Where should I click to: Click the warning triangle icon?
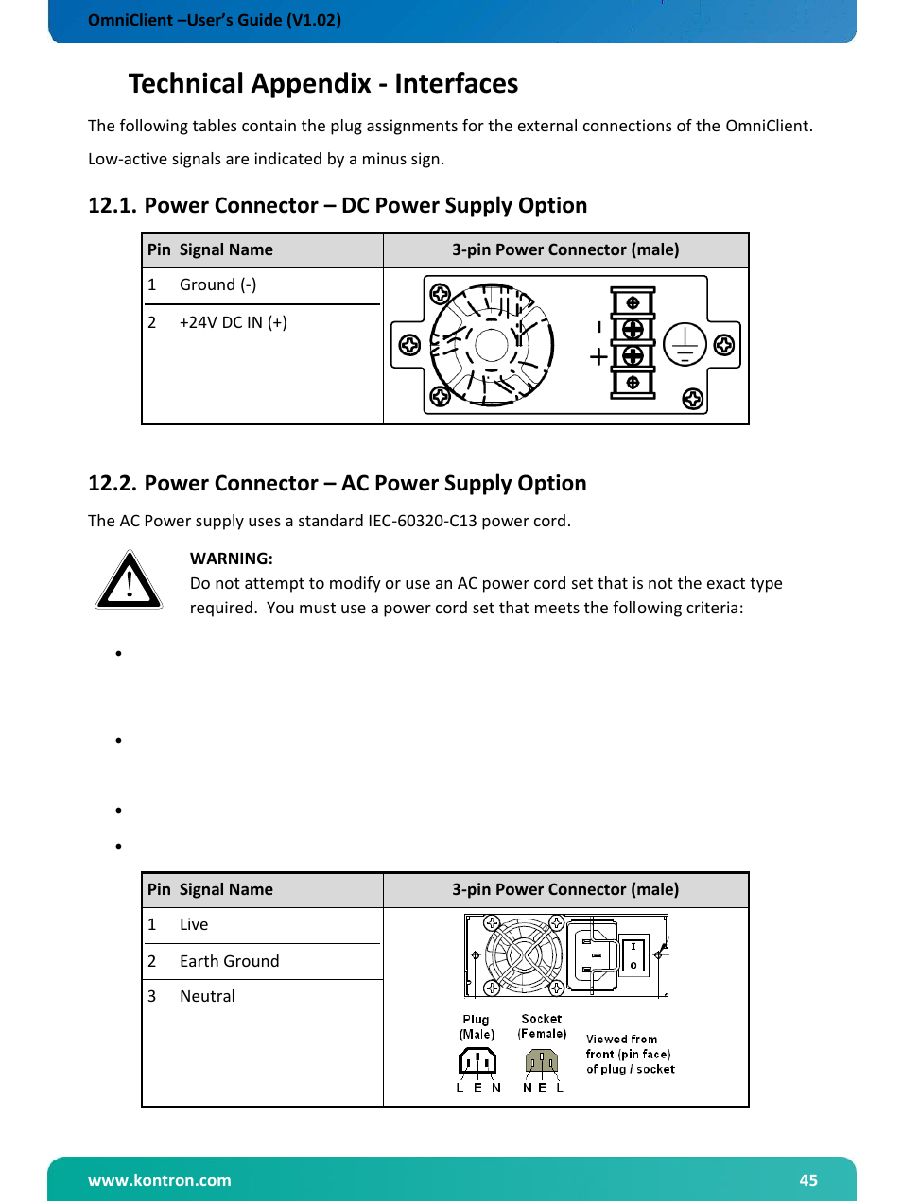click(x=130, y=580)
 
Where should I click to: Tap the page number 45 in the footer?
click(x=807, y=1179)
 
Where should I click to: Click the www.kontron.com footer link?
click(x=159, y=1179)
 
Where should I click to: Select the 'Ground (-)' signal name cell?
click(x=217, y=284)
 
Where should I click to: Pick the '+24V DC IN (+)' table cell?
click(x=233, y=322)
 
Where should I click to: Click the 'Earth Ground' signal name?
click(x=229, y=961)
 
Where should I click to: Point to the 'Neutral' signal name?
click(x=207, y=996)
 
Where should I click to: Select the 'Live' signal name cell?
click(x=194, y=924)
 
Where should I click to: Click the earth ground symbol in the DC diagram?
click(x=685, y=344)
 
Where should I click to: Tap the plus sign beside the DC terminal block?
click(x=598, y=357)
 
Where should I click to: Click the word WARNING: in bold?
click(x=231, y=559)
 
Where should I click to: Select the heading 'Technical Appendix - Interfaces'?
click(x=322, y=84)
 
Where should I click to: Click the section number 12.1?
click(x=112, y=206)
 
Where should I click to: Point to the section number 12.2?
click(x=112, y=484)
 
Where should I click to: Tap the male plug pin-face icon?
click(x=477, y=1062)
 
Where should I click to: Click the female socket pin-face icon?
click(x=542, y=1062)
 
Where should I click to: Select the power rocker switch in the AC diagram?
click(x=633, y=955)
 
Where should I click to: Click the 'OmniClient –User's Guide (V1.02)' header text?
click(x=214, y=20)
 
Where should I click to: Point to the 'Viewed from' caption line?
click(x=621, y=1039)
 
